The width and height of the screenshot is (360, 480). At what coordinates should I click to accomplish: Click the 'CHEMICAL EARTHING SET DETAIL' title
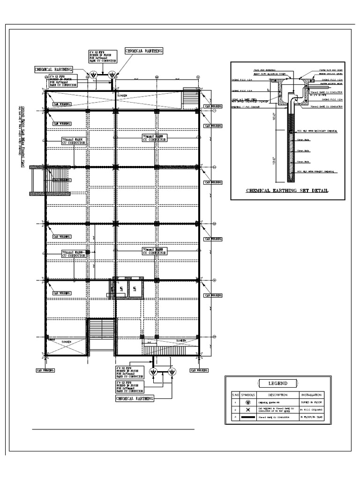(x=287, y=191)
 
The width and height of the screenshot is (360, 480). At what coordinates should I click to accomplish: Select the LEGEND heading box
(x=277, y=383)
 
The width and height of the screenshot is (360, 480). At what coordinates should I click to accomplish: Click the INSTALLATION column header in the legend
(x=315, y=395)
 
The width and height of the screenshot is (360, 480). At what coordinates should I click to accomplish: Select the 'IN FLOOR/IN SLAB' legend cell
(x=315, y=417)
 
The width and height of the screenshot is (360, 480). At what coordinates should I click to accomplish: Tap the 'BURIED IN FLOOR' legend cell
(x=315, y=402)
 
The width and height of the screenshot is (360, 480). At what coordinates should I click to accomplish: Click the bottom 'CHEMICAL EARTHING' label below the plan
(x=135, y=398)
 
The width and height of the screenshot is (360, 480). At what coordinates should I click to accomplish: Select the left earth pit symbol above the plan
(x=93, y=75)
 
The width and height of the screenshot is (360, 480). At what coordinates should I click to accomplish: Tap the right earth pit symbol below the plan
(x=172, y=372)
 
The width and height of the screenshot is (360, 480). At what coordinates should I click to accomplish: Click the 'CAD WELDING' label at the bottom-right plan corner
(x=201, y=370)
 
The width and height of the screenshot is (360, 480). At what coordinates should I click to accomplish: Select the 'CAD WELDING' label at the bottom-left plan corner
(x=45, y=370)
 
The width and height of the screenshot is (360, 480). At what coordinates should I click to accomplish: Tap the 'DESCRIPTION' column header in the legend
(x=277, y=395)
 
